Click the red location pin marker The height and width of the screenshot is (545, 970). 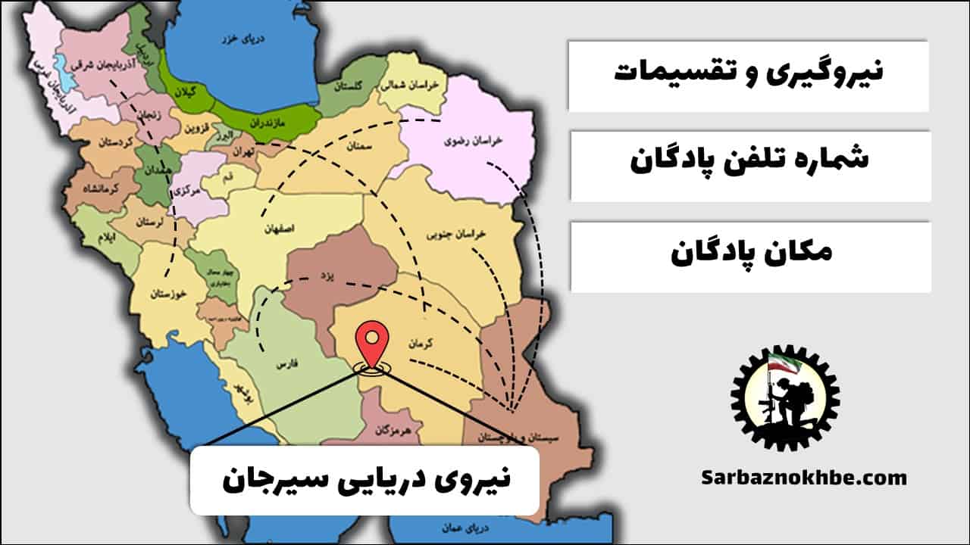tap(372, 343)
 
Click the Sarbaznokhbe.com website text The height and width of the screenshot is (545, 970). tap(803, 478)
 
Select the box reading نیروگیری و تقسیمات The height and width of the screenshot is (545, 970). tap(748, 75)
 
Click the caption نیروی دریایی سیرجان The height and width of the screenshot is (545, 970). tap(365, 481)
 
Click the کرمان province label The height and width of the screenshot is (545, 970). tap(421, 342)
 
